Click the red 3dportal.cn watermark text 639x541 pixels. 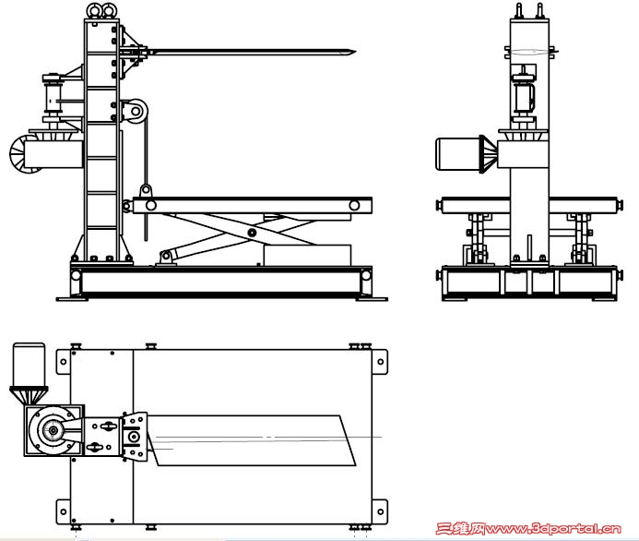click(528, 529)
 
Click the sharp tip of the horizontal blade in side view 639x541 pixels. click(355, 52)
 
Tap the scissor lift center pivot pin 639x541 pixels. click(252, 233)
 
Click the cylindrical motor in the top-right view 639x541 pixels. click(458, 153)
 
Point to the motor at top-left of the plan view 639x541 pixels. click(29, 365)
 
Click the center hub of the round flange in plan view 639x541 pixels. click(53, 430)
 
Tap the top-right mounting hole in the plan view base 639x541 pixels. click(380, 362)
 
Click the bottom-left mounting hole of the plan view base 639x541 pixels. click(64, 511)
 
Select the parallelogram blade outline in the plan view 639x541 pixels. click(252, 440)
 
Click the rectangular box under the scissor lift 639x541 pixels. click(307, 255)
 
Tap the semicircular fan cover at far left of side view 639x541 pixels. click(18, 153)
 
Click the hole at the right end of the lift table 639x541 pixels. click(354, 205)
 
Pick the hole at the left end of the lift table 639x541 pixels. click(151, 205)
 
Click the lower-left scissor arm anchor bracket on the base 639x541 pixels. click(166, 258)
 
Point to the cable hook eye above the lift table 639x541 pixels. click(146, 190)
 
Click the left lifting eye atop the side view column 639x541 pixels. click(94, 10)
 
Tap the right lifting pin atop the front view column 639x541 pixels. click(540, 10)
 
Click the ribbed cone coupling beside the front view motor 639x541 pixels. click(489, 154)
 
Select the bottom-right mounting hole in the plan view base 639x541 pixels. click(380, 511)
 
